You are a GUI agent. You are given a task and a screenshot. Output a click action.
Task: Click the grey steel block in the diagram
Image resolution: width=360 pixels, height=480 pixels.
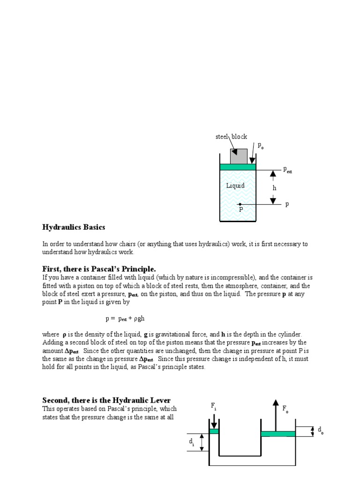tap(239, 156)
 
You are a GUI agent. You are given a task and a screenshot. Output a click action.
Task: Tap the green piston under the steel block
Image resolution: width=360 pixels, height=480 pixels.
tap(238, 167)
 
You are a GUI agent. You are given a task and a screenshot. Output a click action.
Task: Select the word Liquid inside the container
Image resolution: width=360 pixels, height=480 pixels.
tap(235, 186)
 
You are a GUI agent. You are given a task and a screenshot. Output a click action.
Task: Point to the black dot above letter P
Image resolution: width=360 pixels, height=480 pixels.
tap(240, 204)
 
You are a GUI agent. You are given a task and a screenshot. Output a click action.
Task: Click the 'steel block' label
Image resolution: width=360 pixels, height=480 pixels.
tap(231, 136)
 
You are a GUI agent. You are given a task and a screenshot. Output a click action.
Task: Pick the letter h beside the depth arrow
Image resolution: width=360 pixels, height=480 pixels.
tap(275, 187)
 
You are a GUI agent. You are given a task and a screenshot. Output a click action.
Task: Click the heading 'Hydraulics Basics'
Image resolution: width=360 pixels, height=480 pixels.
tap(74, 227)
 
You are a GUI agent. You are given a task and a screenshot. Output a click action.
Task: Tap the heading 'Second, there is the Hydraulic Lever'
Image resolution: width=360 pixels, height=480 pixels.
tap(106, 400)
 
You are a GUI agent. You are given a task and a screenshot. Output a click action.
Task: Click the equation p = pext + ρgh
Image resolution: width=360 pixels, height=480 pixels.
tap(124, 318)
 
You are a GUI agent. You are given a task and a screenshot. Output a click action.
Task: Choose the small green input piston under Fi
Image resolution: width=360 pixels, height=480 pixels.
tap(214, 431)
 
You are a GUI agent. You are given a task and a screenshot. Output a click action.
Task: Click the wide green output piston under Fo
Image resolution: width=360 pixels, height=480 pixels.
tap(278, 434)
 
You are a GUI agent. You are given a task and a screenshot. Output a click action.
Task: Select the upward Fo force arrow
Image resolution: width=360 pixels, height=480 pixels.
tap(276, 415)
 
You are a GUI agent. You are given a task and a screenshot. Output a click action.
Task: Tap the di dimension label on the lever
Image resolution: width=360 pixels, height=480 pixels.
tap(192, 442)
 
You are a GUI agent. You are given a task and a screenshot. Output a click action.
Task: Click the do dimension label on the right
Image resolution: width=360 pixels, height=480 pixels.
tap(321, 430)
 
